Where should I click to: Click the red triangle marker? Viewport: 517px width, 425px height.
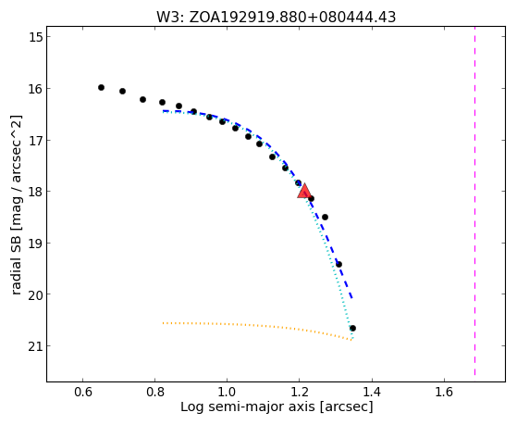pyautogui.click(x=304, y=191)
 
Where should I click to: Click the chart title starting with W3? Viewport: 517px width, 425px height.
pyautogui.click(x=276, y=18)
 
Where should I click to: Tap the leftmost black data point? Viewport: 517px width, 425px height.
pyautogui.click(x=101, y=88)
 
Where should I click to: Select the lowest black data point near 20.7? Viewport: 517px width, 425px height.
pyautogui.click(x=352, y=329)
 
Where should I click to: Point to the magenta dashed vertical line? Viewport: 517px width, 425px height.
pyautogui.click(x=474, y=201)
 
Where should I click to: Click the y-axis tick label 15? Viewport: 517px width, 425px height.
pyautogui.click(x=36, y=37)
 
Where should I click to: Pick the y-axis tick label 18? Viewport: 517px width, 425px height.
pyautogui.click(x=36, y=192)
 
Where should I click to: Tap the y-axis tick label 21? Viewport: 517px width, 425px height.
pyautogui.click(x=36, y=346)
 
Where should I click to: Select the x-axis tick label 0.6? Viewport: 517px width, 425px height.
pyautogui.click(x=82, y=392)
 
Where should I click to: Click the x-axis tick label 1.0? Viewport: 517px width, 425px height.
pyautogui.click(x=228, y=392)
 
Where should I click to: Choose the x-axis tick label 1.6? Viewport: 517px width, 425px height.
pyautogui.click(x=444, y=392)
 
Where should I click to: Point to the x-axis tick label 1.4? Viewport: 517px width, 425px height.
pyautogui.click(x=372, y=392)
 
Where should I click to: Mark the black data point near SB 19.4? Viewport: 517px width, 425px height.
pyautogui.click(x=339, y=264)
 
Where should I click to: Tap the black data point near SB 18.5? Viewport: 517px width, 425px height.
pyautogui.click(x=325, y=217)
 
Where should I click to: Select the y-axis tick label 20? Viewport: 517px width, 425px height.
pyautogui.click(x=36, y=294)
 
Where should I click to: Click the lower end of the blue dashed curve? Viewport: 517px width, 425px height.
pyautogui.click(x=352, y=298)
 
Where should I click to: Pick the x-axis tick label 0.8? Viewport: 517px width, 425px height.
pyautogui.click(x=155, y=392)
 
